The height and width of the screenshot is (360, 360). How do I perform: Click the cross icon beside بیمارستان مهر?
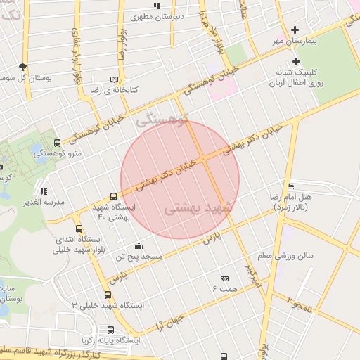[295, 30]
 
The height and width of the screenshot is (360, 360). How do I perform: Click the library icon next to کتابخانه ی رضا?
[114, 79]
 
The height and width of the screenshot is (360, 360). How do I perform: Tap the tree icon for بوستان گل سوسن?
[23, 66]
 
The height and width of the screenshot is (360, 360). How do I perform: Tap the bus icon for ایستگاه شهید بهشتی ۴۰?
[114, 197]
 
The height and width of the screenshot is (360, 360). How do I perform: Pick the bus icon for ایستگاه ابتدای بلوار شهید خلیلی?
[78, 229]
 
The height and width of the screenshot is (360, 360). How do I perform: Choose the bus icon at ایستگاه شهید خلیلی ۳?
[108, 295]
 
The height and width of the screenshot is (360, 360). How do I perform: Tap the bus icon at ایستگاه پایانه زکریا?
[110, 330]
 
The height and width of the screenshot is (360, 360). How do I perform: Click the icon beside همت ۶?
[224, 278]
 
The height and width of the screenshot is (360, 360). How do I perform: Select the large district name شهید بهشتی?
[193, 209]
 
